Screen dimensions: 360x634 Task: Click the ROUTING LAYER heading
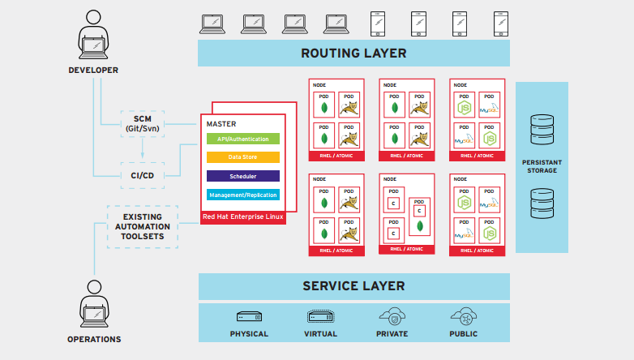[353, 54]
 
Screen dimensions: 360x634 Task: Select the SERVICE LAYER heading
[353, 286]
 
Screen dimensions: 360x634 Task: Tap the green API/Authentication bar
[242, 139]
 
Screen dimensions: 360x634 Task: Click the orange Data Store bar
[242, 157]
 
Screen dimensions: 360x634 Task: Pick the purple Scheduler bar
[242, 176]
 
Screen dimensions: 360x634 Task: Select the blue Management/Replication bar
[242, 195]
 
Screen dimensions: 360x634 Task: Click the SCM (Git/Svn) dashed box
[142, 123]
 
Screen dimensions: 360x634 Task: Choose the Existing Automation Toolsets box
[143, 225]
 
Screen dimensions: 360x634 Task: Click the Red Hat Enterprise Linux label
[242, 216]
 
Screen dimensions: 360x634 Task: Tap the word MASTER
[221, 124]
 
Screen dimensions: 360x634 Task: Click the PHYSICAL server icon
[249, 316]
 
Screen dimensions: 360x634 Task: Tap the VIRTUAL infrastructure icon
[319, 316]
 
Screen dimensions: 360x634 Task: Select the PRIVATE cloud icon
[392, 315]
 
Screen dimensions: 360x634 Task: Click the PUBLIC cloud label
[463, 334]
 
